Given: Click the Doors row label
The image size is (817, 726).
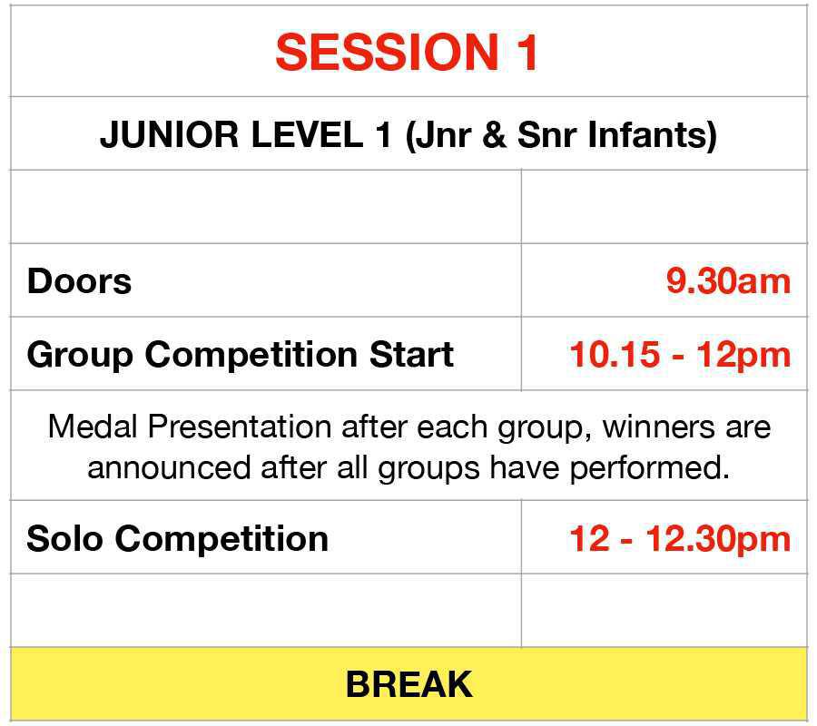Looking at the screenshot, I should (x=79, y=280).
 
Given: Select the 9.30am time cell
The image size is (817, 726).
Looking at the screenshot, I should (x=728, y=280).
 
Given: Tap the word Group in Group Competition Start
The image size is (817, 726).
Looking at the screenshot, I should (x=79, y=354).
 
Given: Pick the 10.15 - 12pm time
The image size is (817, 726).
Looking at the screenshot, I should (x=680, y=354).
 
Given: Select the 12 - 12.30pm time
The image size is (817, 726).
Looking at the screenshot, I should (x=680, y=538).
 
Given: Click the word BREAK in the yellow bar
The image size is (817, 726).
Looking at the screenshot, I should (x=408, y=683).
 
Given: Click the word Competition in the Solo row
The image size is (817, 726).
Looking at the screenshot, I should (x=221, y=538).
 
